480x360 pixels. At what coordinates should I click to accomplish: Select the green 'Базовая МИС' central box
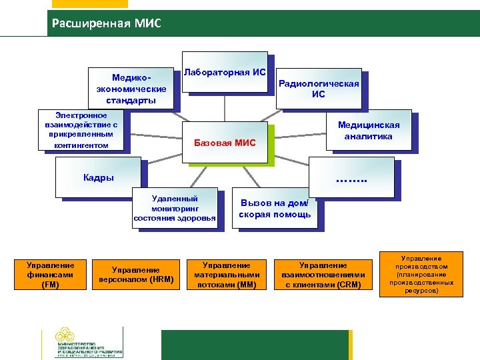224,142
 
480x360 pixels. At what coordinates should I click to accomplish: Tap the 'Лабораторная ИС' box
225,72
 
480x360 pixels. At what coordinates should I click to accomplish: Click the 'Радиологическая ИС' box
319,89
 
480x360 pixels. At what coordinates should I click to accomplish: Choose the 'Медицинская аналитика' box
369,131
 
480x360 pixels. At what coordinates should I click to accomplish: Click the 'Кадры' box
99,177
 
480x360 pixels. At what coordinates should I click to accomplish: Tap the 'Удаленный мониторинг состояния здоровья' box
175,208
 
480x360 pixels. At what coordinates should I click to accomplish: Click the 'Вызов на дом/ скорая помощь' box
275,209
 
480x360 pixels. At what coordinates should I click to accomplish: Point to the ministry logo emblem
65,337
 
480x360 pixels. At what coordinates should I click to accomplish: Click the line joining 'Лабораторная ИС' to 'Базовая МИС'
225,107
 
